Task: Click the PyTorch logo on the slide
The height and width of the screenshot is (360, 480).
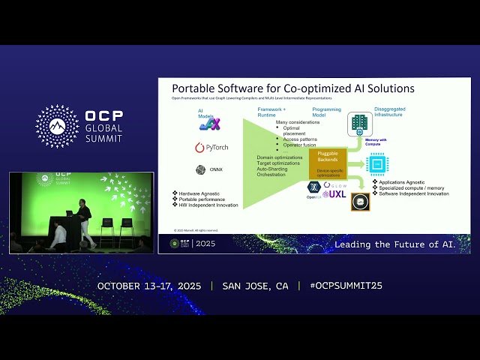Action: click(211, 147)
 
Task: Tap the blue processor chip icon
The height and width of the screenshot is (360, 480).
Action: click(376, 163)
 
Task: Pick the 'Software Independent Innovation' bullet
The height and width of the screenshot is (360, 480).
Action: click(413, 193)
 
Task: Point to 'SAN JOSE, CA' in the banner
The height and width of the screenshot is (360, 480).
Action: click(255, 286)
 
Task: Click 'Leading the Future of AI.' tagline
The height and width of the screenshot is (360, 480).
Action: click(394, 244)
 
